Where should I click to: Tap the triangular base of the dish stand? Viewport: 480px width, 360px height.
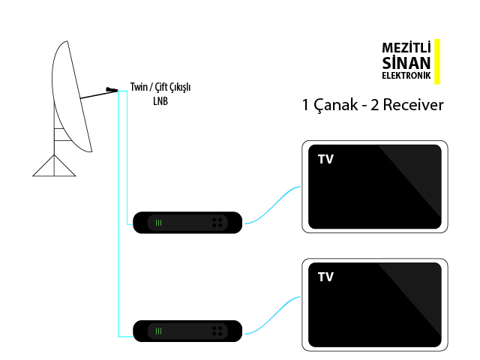click(55, 166)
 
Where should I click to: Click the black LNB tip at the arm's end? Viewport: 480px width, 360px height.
click(112, 91)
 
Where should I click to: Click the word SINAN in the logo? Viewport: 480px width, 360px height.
click(406, 62)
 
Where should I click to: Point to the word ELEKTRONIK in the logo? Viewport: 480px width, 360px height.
click(406, 76)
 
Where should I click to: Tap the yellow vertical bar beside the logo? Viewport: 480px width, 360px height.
click(437, 61)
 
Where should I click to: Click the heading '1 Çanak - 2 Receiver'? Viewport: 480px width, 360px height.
click(373, 105)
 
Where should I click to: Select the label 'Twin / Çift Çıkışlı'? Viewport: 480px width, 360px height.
click(160, 87)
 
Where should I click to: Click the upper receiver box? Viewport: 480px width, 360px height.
click(187, 222)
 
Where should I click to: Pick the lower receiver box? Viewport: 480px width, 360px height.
click(187, 331)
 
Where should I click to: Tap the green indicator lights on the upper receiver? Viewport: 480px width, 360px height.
click(158, 223)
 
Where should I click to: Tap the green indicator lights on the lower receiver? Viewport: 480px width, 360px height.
click(158, 331)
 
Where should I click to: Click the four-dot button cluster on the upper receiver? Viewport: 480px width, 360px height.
click(217, 223)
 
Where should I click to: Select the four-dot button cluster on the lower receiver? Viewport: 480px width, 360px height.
click(217, 331)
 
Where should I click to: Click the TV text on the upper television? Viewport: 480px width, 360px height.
click(325, 159)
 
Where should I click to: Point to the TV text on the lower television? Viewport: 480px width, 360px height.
click(325, 277)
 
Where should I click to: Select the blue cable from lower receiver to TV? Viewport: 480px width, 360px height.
click(273, 315)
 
